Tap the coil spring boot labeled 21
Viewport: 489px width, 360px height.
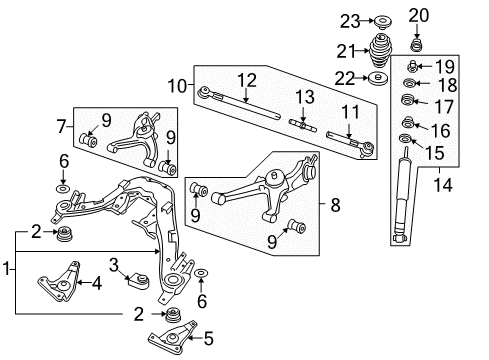click(x=383, y=51)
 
